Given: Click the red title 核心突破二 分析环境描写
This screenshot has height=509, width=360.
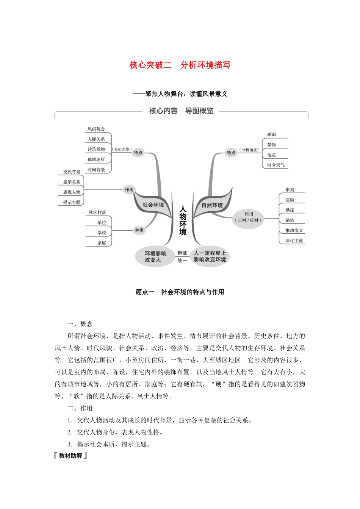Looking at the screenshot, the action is coord(180,65).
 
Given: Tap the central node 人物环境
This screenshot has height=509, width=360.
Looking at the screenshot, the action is coord(183,220).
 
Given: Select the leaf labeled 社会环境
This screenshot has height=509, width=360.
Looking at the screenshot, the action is coord(153,205).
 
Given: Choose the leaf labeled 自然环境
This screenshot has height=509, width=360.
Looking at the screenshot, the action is coord(212,205).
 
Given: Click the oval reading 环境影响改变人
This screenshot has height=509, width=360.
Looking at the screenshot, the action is coord(155,256).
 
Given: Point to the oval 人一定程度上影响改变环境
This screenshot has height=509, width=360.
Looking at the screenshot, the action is coord(210,256).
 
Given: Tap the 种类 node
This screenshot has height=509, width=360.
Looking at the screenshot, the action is coord(139,230).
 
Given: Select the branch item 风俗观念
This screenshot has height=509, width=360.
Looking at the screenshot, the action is coord(96,129).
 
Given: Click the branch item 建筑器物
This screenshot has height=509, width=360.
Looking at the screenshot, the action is coord(96,149).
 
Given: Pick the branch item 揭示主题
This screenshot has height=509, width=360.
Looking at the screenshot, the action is coord(72,202).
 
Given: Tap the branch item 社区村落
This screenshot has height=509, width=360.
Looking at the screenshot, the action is coord(97,212).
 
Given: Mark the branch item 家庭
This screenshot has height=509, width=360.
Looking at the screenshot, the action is coord(102,243).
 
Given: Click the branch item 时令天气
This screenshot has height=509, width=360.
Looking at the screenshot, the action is coord(275,165).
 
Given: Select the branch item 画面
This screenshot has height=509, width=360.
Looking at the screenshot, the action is coord(271,134).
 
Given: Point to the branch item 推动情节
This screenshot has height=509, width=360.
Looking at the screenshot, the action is coord(294,230).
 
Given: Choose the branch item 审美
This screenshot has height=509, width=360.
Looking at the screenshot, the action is coord(290,190).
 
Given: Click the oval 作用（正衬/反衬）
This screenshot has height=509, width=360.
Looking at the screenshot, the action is coord(249,217).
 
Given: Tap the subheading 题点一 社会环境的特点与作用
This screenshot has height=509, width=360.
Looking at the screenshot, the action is coord(180,292).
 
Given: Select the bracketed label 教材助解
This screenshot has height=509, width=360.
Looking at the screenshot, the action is coord(70,456).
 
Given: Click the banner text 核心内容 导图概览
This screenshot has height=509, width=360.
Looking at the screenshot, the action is coord(181,111).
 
